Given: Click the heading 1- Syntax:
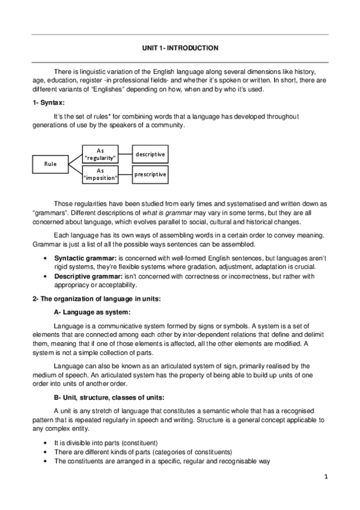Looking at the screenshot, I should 48,103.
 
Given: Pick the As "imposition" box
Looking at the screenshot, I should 100,174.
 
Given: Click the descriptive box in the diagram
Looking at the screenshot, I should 150,154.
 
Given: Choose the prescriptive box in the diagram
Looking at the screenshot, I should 150,174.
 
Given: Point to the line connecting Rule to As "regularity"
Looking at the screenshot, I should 75,158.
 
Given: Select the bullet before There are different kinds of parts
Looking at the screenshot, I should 46,452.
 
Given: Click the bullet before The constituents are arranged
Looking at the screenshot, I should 46,461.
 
